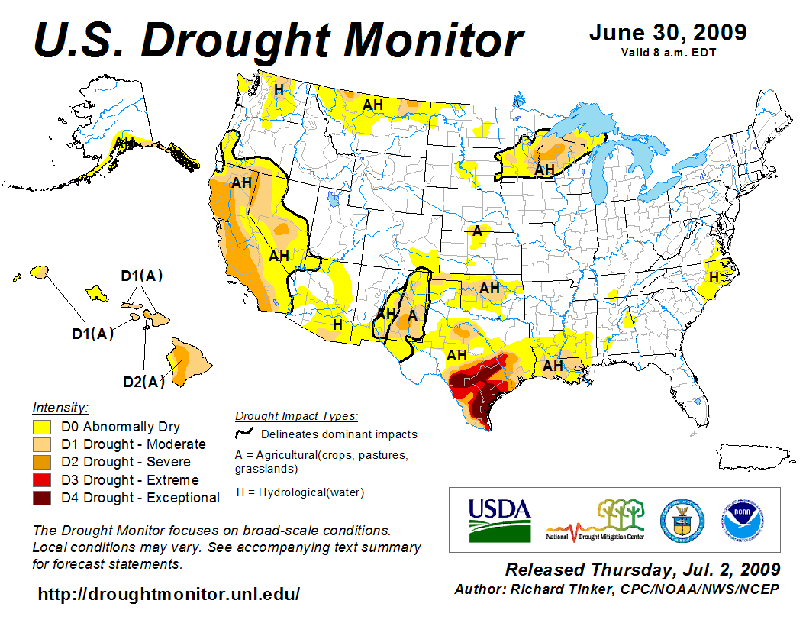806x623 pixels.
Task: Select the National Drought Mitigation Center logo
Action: pyautogui.click(x=596, y=520)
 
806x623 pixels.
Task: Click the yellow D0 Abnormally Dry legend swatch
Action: pyautogui.click(x=43, y=427)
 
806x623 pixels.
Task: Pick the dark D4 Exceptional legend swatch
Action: pyautogui.click(x=43, y=498)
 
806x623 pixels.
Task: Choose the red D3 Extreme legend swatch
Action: pyautogui.click(x=43, y=480)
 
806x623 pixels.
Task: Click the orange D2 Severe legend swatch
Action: pyautogui.click(x=43, y=462)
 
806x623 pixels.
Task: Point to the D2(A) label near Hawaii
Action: pyautogui.click(x=144, y=381)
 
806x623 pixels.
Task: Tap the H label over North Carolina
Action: pyautogui.click(x=714, y=277)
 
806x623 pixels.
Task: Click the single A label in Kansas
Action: pyautogui.click(x=477, y=231)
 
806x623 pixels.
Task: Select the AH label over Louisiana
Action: pyautogui.click(x=553, y=366)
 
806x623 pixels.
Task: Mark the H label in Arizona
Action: pyautogui.click(x=337, y=324)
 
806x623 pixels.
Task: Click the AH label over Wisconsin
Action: pyautogui.click(x=544, y=169)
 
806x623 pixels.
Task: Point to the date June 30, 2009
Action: pyautogui.click(x=668, y=33)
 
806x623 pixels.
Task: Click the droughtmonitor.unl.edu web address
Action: pyautogui.click(x=169, y=593)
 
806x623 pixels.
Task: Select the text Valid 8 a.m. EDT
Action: pyautogui.click(x=668, y=53)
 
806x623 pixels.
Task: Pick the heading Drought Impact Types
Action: pyautogui.click(x=295, y=416)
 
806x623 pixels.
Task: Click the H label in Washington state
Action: pyautogui.click(x=279, y=89)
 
